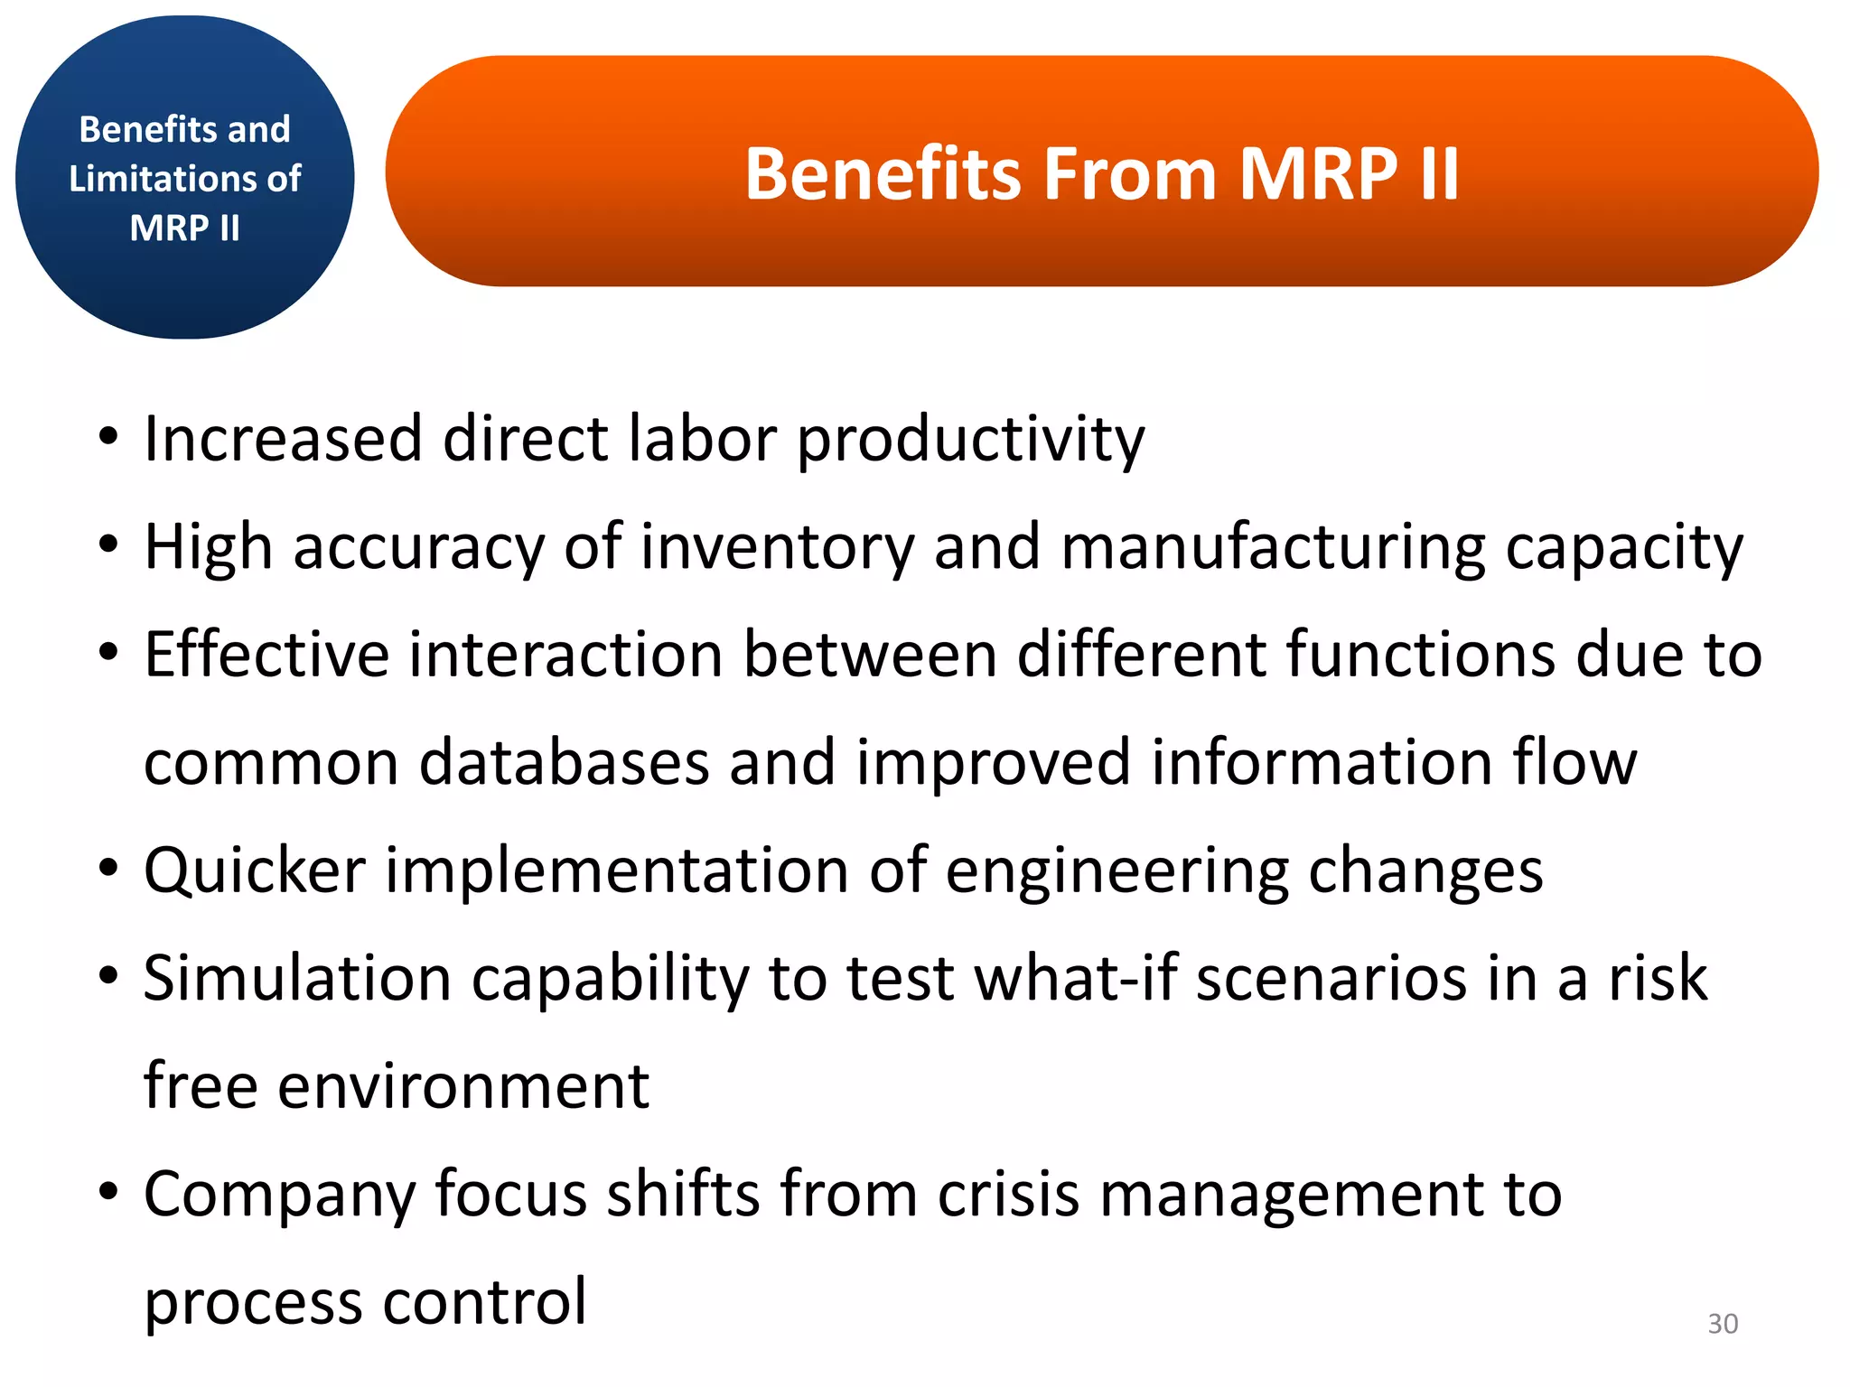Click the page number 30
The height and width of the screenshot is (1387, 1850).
(1723, 1323)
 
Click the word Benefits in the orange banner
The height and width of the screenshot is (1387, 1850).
(883, 173)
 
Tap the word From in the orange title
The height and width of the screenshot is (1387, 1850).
(1130, 173)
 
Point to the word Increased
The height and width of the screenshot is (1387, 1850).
(283, 439)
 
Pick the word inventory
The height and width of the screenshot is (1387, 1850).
(777, 548)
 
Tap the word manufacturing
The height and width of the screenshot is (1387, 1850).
(1273, 548)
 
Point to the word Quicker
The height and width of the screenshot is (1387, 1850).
(255, 871)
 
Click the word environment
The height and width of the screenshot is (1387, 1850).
(462, 1086)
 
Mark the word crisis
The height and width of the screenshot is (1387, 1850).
(1008, 1195)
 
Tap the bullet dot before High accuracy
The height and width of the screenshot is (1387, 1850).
(108, 546)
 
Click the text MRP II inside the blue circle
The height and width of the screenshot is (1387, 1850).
(184, 228)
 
